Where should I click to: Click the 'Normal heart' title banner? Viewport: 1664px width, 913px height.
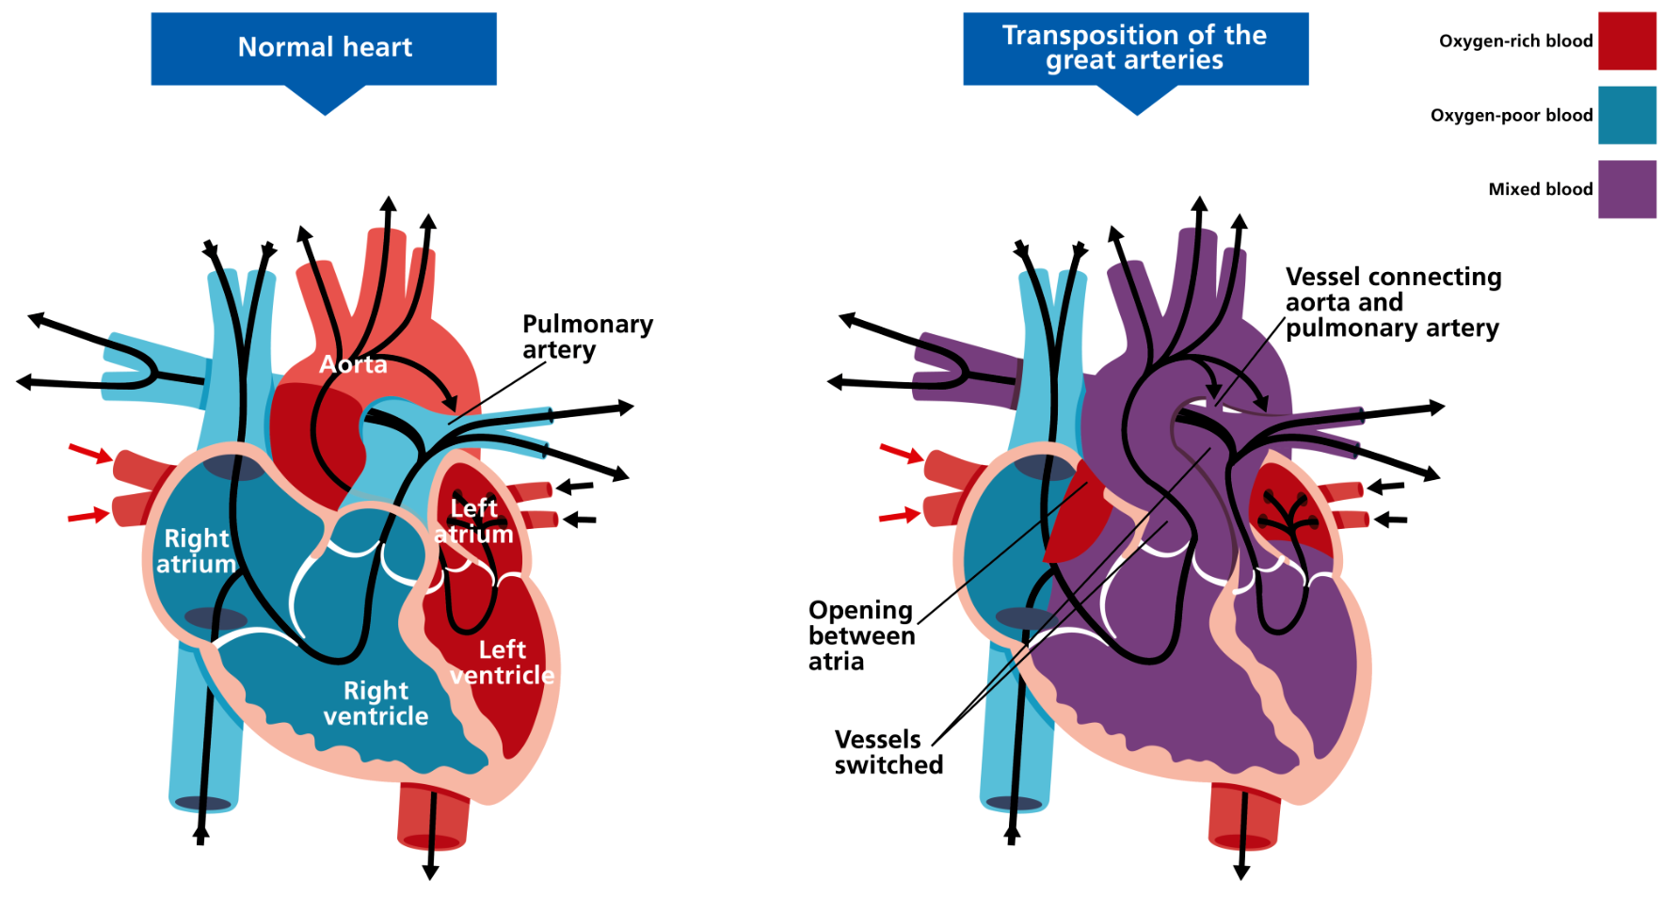point(324,48)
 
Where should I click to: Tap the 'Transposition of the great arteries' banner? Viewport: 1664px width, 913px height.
point(1135,48)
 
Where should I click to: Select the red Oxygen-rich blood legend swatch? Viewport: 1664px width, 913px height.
point(1626,41)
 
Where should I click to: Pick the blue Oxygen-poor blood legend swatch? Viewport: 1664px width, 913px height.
point(1626,116)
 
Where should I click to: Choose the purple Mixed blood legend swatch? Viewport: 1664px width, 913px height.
point(1626,189)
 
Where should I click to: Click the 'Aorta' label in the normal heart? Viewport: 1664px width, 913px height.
point(353,364)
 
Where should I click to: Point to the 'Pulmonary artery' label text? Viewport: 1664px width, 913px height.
point(587,337)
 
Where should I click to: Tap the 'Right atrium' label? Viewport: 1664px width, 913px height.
point(197,552)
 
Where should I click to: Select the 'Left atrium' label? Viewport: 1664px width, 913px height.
point(473,521)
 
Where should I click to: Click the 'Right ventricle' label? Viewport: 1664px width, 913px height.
point(376,704)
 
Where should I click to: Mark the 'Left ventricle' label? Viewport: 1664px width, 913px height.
point(502,663)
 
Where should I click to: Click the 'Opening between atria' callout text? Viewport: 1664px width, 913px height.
point(861,636)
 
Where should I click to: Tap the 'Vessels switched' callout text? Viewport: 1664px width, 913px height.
point(888,752)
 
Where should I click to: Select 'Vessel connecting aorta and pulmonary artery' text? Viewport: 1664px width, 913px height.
point(1393,302)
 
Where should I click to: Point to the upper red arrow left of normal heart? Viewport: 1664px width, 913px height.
point(90,454)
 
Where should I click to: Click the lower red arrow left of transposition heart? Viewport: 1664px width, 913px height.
point(900,516)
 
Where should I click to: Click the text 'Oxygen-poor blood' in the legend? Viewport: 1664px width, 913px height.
point(1512,116)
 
